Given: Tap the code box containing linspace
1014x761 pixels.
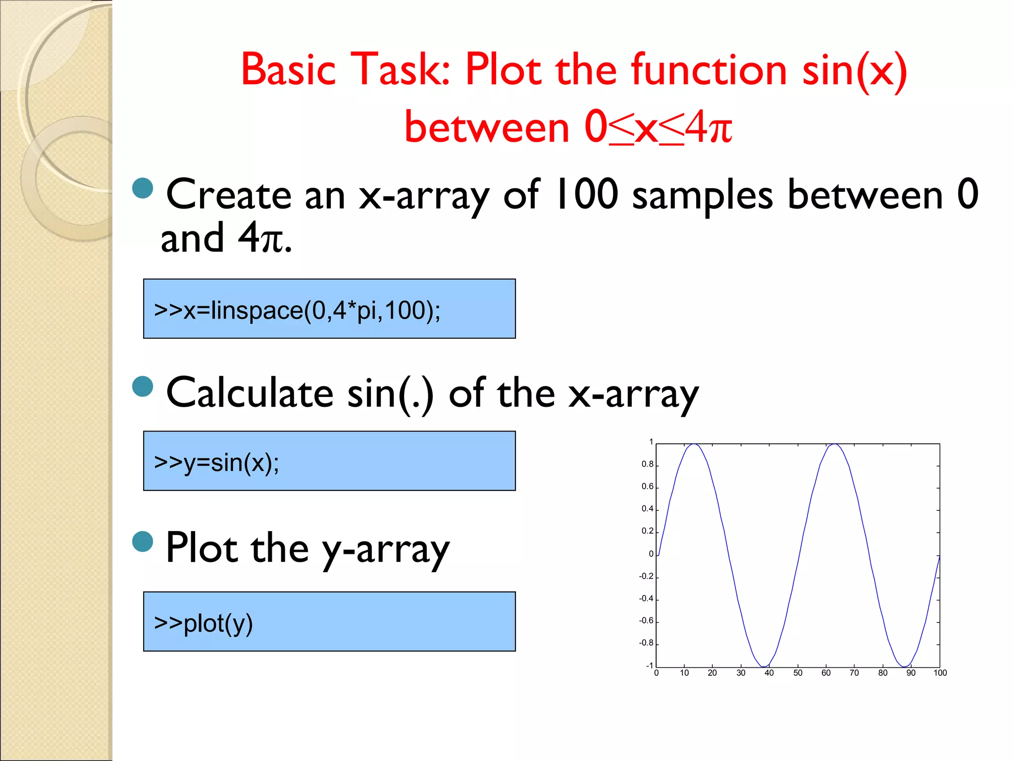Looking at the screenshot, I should point(329,309).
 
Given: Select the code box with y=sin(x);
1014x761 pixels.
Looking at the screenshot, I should point(329,461).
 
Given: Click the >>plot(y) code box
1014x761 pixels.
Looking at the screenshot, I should point(329,621).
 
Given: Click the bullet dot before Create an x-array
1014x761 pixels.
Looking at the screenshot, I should point(143,188).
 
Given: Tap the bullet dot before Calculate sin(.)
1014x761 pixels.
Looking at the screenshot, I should point(143,386).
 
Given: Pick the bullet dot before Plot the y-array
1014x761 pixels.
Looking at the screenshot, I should point(143,542).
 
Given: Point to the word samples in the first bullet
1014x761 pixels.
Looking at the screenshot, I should point(702,195).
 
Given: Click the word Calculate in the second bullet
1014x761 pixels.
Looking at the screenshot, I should point(250,392).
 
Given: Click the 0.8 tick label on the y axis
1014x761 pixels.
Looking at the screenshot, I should point(647,464).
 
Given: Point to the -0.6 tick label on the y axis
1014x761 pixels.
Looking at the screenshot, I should point(646,621).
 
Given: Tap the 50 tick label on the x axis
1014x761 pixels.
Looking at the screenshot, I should point(798,673).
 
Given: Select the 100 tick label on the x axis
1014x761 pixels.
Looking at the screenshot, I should point(940,673).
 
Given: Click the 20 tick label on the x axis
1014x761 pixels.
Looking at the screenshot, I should point(712,673).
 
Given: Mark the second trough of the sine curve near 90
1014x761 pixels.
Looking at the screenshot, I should point(905,666).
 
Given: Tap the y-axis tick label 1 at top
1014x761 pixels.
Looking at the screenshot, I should point(651,442).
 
